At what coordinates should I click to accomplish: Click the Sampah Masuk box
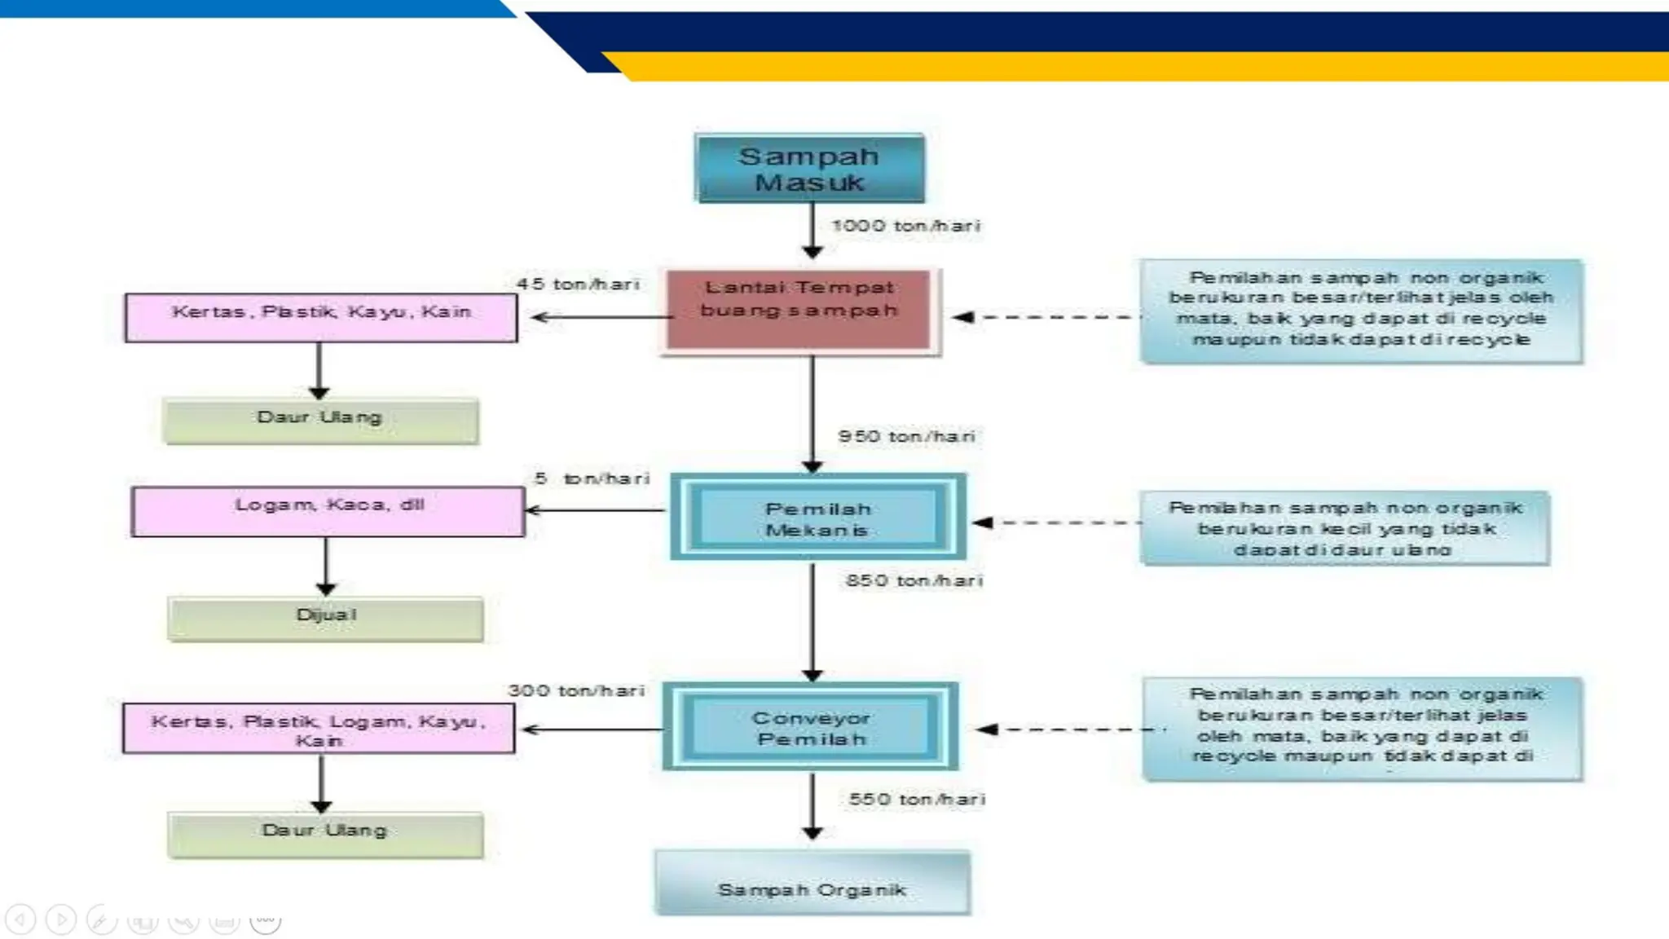[809, 169]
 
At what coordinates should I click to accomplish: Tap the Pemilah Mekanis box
[817, 518]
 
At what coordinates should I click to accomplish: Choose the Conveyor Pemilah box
[810, 728]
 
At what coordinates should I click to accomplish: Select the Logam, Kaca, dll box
[328, 511]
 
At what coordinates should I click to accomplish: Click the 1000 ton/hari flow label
[905, 226]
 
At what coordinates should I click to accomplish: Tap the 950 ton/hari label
[906, 437]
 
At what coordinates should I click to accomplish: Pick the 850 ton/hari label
[914, 581]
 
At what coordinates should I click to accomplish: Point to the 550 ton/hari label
[917, 800]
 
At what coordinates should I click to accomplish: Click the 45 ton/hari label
[578, 284]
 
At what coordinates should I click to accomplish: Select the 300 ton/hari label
[576, 691]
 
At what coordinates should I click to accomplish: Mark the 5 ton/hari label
[592, 478]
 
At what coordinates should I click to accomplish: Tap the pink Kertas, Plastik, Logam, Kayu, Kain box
[319, 729]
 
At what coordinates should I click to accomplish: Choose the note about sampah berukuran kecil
[1345, 528]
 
